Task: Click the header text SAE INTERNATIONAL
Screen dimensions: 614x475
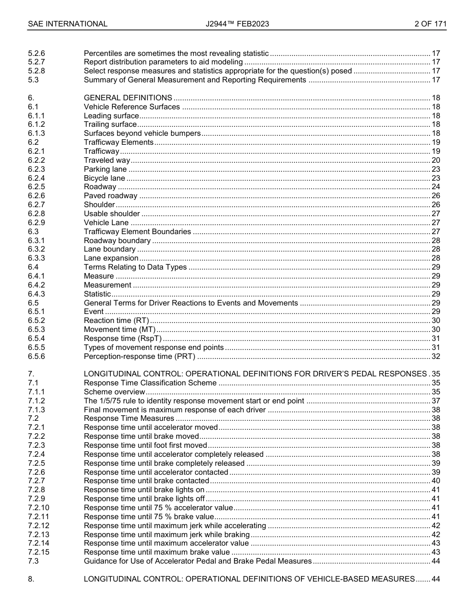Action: (x=67, y=23)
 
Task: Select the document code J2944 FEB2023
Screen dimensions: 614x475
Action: (x=237, y=23)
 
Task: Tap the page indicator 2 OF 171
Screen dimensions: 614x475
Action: (x=430, y=23)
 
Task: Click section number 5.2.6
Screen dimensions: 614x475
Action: (x=36, y=53)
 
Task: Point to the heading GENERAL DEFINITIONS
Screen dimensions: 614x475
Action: (x=128, y=98)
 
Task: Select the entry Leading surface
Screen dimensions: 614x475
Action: (x=111, y=116)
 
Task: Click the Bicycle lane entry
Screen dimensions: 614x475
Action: (x=104, y=178)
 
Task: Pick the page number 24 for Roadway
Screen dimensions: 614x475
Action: (x=435, y=187)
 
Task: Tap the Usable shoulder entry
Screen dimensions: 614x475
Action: (x=112, y=214)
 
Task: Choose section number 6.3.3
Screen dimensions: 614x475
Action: (x=36, y=258)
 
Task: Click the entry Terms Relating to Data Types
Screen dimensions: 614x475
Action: (x=135, y=267)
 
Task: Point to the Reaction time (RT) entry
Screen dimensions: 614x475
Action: (x=116, y=320)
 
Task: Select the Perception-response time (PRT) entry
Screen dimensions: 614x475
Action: (x=139, y=356)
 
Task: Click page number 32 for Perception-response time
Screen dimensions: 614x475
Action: (x=435, y=356)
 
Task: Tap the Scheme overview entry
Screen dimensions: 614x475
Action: (x=114, y=392)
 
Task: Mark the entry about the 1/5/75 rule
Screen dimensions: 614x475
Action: (x=194, y=401)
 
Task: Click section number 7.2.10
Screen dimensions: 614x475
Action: (x=38, y=508)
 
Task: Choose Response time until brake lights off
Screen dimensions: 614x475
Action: (x=144, y=499)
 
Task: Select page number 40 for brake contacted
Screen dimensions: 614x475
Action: (x=435, y=481)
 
